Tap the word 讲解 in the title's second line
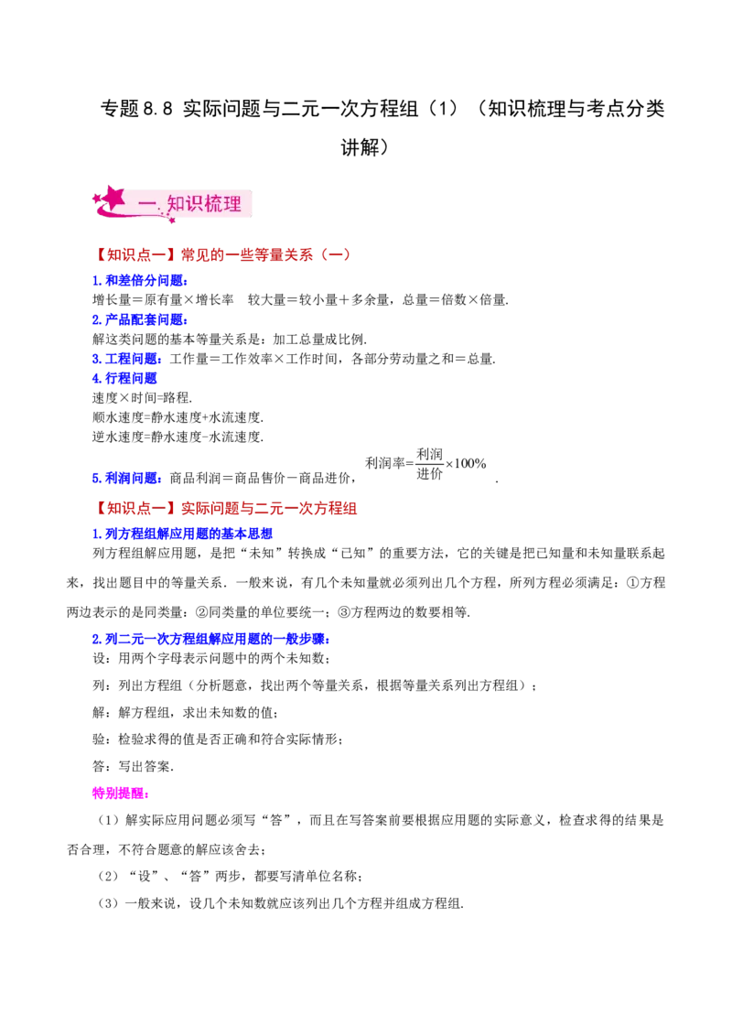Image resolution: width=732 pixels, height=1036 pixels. (x=361, y=146)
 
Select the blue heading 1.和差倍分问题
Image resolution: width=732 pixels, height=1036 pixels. (x=140, y=281)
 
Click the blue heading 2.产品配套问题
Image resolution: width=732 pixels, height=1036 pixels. (x=140, y=319)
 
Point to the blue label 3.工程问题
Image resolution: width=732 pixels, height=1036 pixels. (x=127, y=359)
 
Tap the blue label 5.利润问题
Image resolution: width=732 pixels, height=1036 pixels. (x=127, y=478)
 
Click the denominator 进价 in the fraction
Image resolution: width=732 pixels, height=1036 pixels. (x=429, y=474)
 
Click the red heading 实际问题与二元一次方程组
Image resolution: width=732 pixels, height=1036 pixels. (x=269, y=508)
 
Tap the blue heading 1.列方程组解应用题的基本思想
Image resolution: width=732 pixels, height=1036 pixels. (x=182, y=534)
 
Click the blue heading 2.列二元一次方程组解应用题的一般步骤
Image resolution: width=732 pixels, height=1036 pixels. (x=211, y=639)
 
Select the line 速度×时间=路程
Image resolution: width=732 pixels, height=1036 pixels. (x=142, y=398)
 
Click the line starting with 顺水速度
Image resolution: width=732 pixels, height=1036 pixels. (x=178, y=417)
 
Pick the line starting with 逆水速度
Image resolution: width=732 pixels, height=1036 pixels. (x=178, y=437)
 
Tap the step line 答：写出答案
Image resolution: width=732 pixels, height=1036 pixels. (x=134, y=766)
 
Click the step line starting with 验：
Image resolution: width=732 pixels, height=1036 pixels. (x=218, y=739)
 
